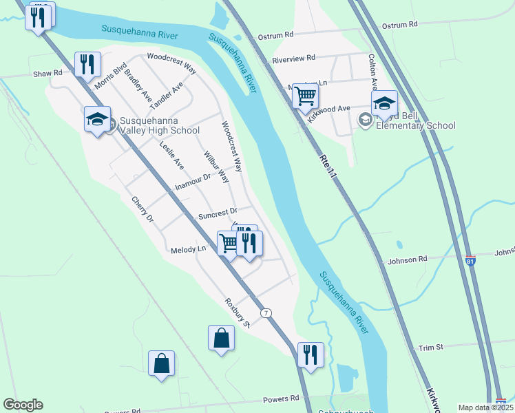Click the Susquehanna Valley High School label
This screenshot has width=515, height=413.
click(159, 125)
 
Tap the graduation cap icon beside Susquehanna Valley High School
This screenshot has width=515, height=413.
click(97, 119)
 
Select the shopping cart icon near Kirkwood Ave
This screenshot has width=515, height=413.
click(305, 96)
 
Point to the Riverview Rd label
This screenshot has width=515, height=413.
click(293, 59)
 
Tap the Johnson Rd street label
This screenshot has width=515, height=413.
click(408, 260)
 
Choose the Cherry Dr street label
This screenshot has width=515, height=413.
click(143, 209)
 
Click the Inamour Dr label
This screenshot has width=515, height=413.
click(192, 182)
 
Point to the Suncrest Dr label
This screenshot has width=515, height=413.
click(218, 213)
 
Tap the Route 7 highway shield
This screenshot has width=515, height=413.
click(266, 313)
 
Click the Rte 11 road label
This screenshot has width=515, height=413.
click(328, 167)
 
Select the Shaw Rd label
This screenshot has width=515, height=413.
click(48, 73)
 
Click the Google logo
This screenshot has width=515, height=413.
click(23, 405)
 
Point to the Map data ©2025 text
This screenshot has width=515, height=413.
click(485, 407)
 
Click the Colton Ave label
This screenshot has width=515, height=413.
click(372, 72)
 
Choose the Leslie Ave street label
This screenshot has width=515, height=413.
click(171, 155)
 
